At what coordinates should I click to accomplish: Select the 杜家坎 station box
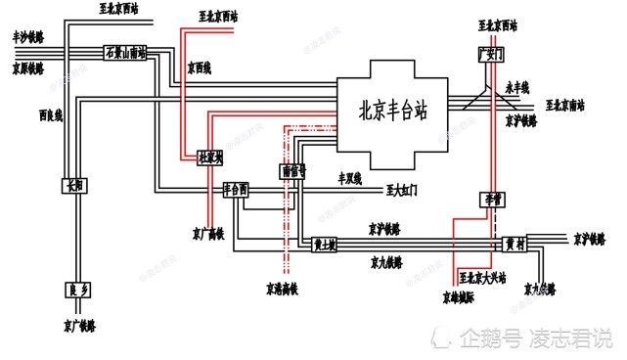tap(210, 157)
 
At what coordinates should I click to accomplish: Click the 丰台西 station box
tap(236, 187)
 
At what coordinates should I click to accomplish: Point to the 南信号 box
tap(292, 170)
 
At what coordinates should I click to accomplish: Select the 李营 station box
tap(489, 199)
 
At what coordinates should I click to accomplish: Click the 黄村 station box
tap(515, 244)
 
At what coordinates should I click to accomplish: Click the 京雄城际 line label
tap(456, 293)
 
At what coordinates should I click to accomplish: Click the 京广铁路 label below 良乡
tap(80, 324)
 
